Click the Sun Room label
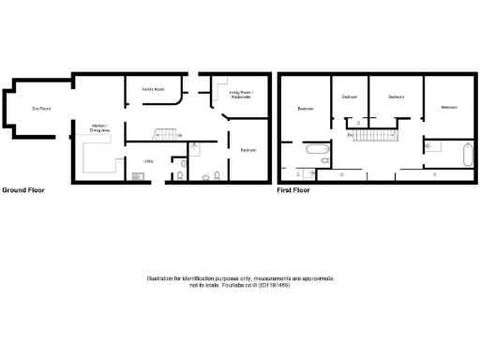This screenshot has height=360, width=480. click(39, 110)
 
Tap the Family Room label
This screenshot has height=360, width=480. click(154, 89)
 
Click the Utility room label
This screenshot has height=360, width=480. click(148, 161)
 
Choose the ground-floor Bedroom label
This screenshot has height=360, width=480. click(248, 150)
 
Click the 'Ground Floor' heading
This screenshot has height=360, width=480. click(23, 190)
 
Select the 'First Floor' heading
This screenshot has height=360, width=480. click(293, 190)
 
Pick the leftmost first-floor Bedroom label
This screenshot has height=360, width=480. click(306, 109)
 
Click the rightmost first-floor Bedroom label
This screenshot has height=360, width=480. click(449, 108)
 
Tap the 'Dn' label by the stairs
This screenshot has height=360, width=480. click(350, 137)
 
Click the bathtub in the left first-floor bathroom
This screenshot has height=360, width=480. click(314, 150)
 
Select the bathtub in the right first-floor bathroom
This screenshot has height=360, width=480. click(465, 152)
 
